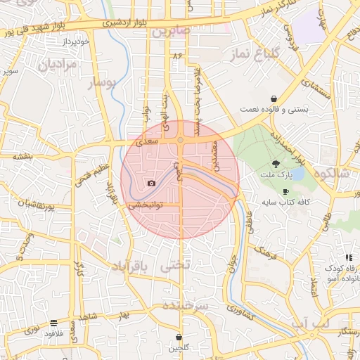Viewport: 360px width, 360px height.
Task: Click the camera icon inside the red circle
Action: (151, 184)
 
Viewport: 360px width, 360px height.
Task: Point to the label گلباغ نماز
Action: (256, 53)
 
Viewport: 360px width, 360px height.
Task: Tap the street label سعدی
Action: (146, 143)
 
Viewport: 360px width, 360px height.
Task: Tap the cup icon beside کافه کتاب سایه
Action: (285, 191)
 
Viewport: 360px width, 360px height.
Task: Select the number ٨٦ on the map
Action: (176, 55)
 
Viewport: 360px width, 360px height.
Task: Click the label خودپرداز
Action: (75, 41)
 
